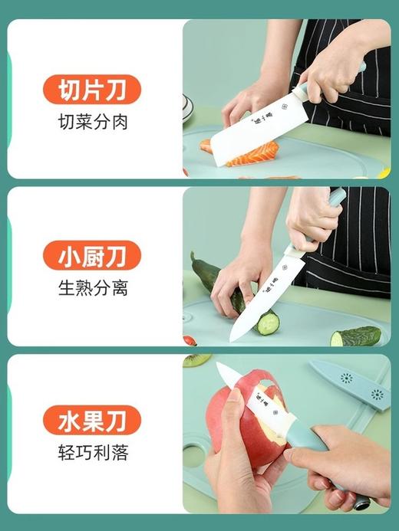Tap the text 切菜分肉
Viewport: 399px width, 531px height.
(x=92, y=122)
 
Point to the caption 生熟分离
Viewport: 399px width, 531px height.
(x=92, y=288)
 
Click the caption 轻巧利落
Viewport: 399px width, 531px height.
(x=92, y=452)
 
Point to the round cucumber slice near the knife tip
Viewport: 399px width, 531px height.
(x=268, y=323)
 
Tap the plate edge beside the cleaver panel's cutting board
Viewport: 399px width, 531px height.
(x=187, y=108)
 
